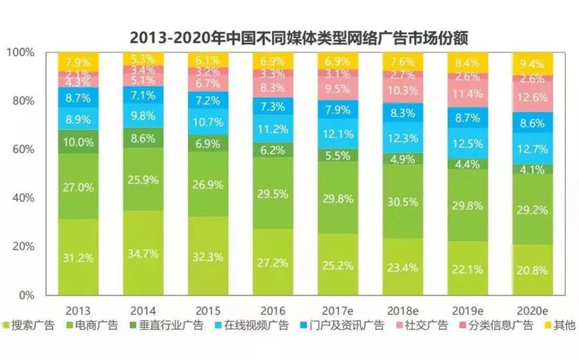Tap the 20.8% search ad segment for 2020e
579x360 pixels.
[x=532, y=271]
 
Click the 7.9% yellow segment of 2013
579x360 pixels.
[x=78, y=62]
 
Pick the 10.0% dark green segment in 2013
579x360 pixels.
[x=78, y=141]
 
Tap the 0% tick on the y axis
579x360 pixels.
[x=28, y=295]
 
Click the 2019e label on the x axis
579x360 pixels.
[x=467, y=309]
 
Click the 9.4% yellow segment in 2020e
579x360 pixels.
[x=532, y=64]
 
